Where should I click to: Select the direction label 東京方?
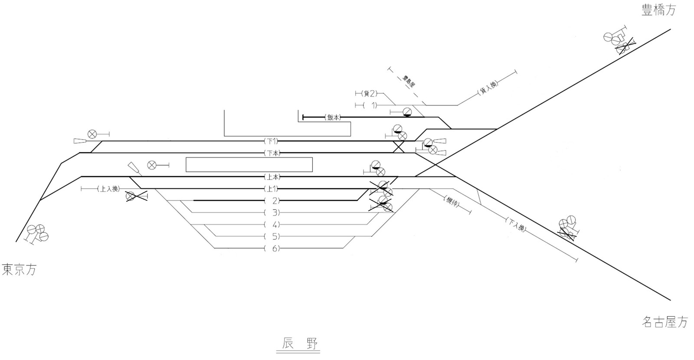click(20, 270)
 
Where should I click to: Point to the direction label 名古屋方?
click(665, 322)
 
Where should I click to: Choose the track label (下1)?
click(272, 141)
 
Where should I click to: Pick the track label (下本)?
click(272, 153)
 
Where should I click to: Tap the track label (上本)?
click(272, 177)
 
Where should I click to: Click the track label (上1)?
click(272, 189)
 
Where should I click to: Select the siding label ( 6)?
click(272, 249)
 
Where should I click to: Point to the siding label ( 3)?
click(272, 213)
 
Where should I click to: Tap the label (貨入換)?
click(487, 88)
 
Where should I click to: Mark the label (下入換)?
click(516, 224)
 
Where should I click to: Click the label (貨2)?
click(370, 93)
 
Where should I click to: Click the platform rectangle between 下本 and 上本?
click(249, 164)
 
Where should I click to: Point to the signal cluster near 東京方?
click(37, 233)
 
